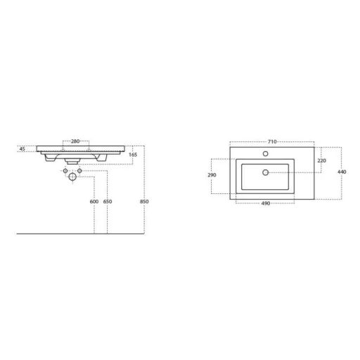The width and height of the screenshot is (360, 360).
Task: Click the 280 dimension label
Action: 75,141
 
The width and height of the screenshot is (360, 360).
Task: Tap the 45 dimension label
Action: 22,149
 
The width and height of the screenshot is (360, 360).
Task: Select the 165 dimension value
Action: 133,155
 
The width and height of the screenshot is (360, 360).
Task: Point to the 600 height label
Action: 94,202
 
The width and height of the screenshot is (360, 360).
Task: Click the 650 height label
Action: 108,202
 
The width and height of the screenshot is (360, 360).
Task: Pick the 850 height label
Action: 144,202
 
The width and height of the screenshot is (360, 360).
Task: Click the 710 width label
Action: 272,142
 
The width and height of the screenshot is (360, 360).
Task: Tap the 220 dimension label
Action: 321,161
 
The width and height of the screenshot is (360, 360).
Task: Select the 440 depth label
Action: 342,172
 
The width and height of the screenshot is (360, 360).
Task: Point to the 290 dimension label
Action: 212,175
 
